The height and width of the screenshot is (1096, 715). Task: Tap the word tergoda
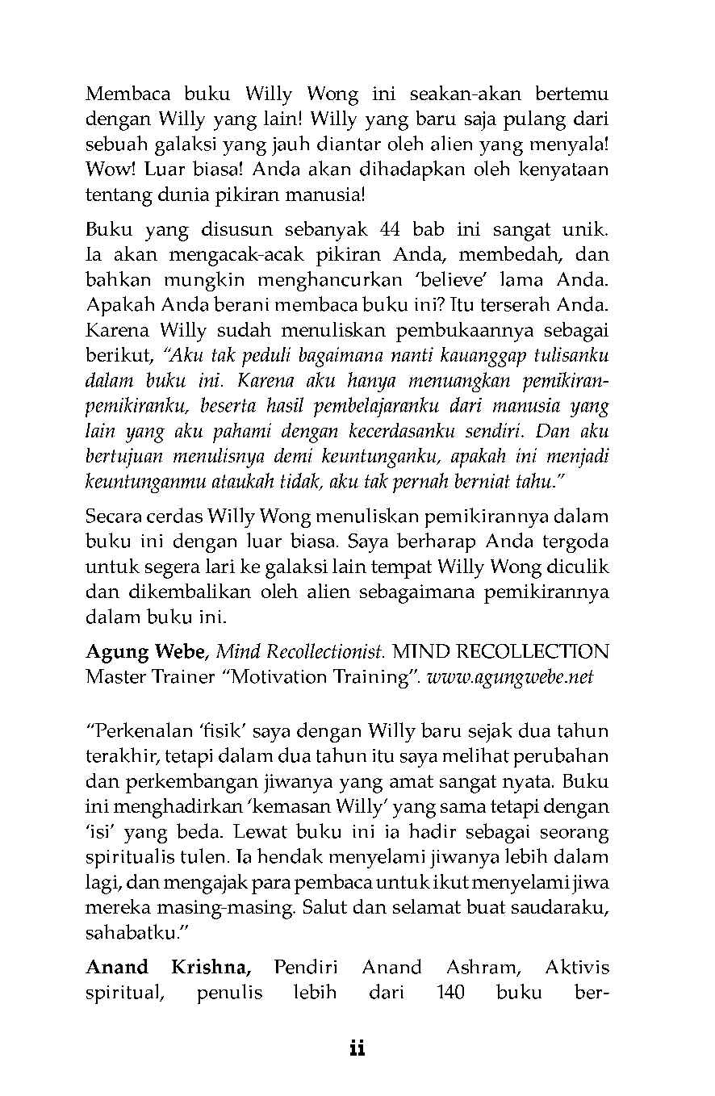click(x=578, y=542)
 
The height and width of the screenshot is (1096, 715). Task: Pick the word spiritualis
click(x=132, y=857)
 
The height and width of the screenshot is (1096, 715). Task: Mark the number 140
click(x=450, y=993)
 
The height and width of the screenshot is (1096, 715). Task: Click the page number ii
click(x=357, y=1049)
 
